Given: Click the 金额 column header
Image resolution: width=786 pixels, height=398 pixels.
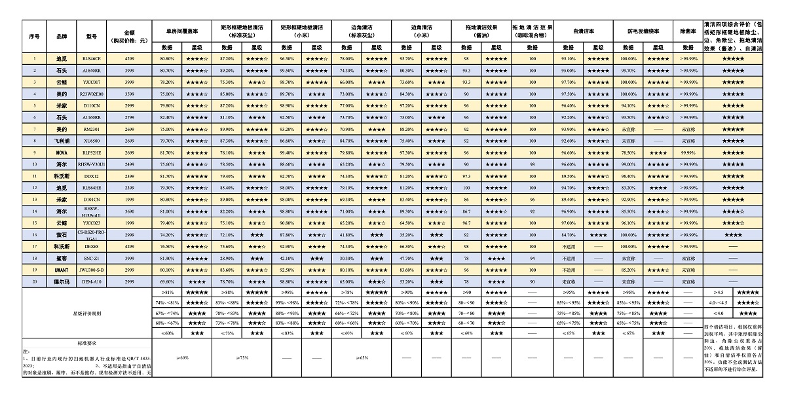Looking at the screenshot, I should [129, 36].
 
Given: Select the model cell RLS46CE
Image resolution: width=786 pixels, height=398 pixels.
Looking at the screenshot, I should [92, 59].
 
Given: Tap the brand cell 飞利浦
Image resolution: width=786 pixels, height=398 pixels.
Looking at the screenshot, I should [62, 141].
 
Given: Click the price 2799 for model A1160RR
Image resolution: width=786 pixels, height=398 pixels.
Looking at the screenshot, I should [129, 117].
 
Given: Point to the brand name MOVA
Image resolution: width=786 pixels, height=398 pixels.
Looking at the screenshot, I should [62, 153].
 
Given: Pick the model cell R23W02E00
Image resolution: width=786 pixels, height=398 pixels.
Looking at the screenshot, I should [92, 94].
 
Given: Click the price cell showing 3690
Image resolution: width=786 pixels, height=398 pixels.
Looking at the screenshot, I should [129, 211].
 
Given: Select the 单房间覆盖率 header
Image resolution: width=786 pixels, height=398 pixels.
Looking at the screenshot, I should [181, 30].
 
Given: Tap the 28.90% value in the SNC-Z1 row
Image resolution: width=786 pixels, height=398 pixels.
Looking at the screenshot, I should [227, 259].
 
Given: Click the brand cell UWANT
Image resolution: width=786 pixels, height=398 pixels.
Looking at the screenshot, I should [62, 270].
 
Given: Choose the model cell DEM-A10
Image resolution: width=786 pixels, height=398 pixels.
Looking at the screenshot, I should [92, 281].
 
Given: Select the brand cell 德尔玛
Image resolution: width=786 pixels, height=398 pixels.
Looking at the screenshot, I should [62, 281].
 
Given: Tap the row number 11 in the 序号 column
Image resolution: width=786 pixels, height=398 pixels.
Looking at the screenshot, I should [34, 176].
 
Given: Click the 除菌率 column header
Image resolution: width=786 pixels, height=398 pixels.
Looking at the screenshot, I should [687, 30].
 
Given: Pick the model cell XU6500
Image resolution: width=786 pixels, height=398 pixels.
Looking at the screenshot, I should [92, 141].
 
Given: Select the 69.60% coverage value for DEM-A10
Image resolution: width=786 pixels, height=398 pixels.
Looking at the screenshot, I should [166, 281].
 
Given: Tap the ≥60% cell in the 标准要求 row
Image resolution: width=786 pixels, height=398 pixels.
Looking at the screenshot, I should [181, 358].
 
